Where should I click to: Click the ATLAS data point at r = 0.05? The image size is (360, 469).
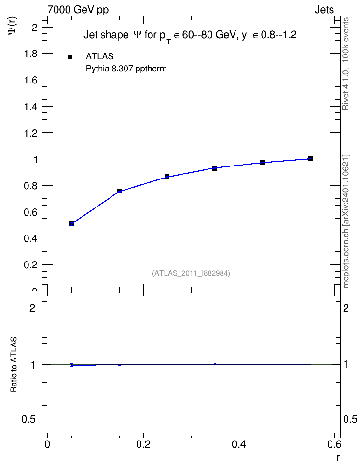click(x=71, y=223)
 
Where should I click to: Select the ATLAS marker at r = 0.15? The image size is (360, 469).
click(x=119, y=191)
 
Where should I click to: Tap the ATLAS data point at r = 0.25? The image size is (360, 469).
click(x=167, y=177)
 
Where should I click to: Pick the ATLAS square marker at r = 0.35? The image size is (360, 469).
click(x=215, y=168)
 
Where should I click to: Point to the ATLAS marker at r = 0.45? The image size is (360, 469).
click(x=263, y=163)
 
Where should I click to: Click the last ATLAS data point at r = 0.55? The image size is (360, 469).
click(x=311, y=159)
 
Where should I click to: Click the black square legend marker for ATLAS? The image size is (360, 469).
click(x=70, y=57)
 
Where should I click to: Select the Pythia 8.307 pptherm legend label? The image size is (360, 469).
click(x=126, y=69)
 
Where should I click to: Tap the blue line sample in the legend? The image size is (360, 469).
click(x=70, y=69)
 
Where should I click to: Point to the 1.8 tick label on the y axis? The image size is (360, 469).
click(x=31, y=54)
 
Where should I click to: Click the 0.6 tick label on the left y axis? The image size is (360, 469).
click(x=31, y=212)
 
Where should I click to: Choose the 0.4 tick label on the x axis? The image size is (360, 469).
click(x=238, y=444)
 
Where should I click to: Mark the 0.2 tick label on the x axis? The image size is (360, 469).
click(x=143, y=444)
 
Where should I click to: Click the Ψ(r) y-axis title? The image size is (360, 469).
click(x=12, y=26)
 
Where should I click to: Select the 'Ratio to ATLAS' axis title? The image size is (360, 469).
click(x=14, y=364)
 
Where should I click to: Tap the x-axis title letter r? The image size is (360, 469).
click(x=338, y=458)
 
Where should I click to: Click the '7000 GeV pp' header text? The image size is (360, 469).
click(x=78, y=10)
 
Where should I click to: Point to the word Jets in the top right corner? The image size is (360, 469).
click(x=324, y=10)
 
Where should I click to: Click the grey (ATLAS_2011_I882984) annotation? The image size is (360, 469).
click(x=191, y=273)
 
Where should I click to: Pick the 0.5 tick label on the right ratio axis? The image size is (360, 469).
click(x=350, y=419)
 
